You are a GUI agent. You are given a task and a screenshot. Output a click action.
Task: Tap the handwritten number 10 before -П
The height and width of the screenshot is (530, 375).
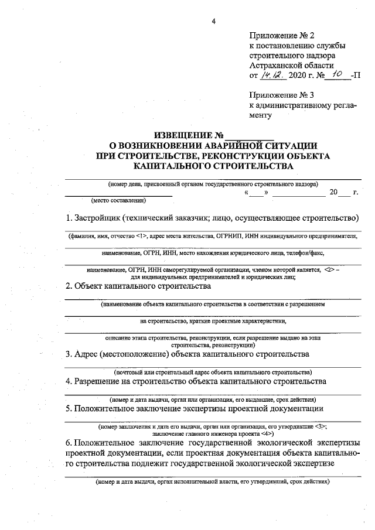(336, 75)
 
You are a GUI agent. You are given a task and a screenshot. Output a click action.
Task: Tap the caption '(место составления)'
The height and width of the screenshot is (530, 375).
(118, 200)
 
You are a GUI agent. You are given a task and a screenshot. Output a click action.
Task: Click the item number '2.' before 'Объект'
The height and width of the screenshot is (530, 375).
(69, 286)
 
